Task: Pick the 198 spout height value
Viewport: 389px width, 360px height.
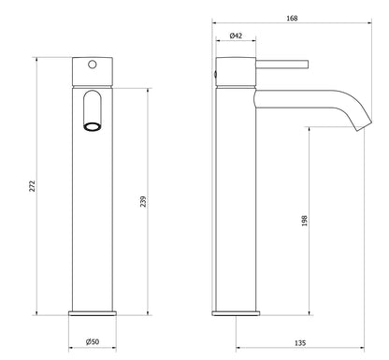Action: tap(306, 223)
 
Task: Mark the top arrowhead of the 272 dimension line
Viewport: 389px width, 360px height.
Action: tap(36, 58)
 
